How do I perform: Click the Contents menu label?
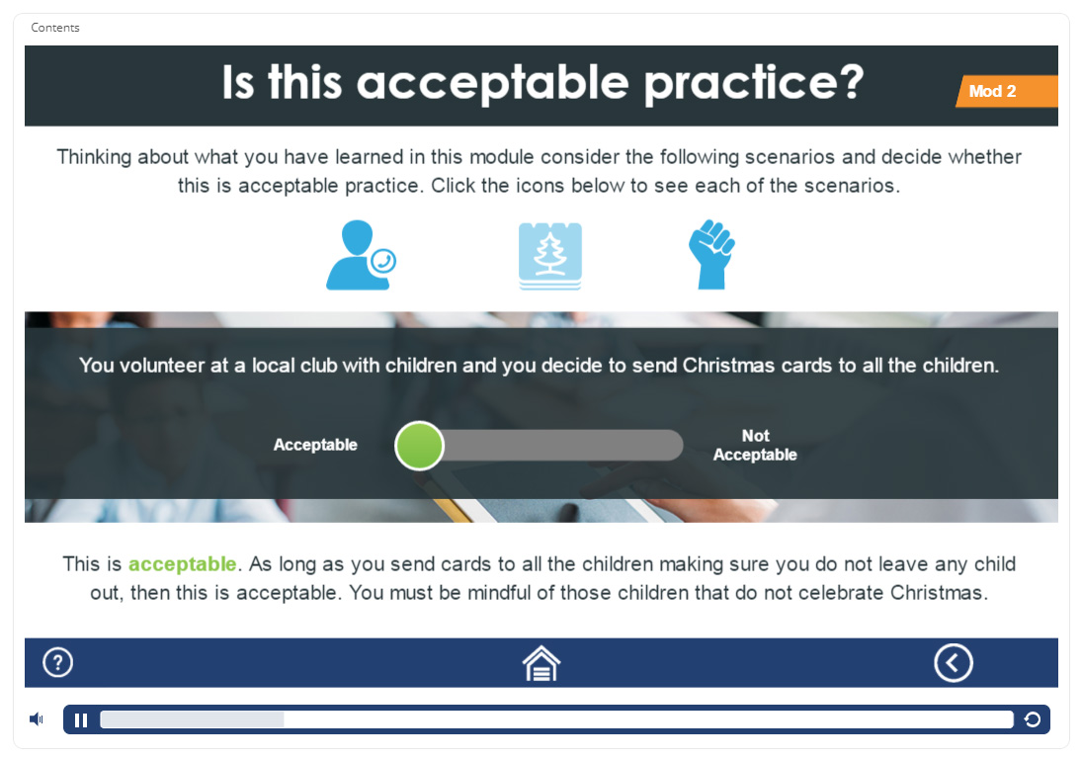click(x=55, y=28)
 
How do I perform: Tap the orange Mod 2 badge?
click(x=1007, y=91)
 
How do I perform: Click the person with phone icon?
click(x=361, y=255)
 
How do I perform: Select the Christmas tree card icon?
click(x=550, y=256)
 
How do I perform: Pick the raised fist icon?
click(x=711, y=254)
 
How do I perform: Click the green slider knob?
click(x=419, y=446)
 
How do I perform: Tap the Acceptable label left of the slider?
click(x=315, y=445)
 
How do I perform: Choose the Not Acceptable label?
click(x=755, y=445)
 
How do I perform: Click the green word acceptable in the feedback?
click(x=182, y=564)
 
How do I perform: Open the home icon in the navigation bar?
click(x=541, y=663)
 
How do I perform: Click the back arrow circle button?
click(x=954, y=663)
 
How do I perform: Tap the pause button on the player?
click(x=81, y=720)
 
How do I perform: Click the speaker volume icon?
click(x=36, y=719)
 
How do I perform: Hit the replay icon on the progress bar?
click(x=1033, y=720)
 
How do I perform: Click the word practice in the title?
click(x=754, y=83)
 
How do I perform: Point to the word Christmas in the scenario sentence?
click(x=728, y=366)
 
